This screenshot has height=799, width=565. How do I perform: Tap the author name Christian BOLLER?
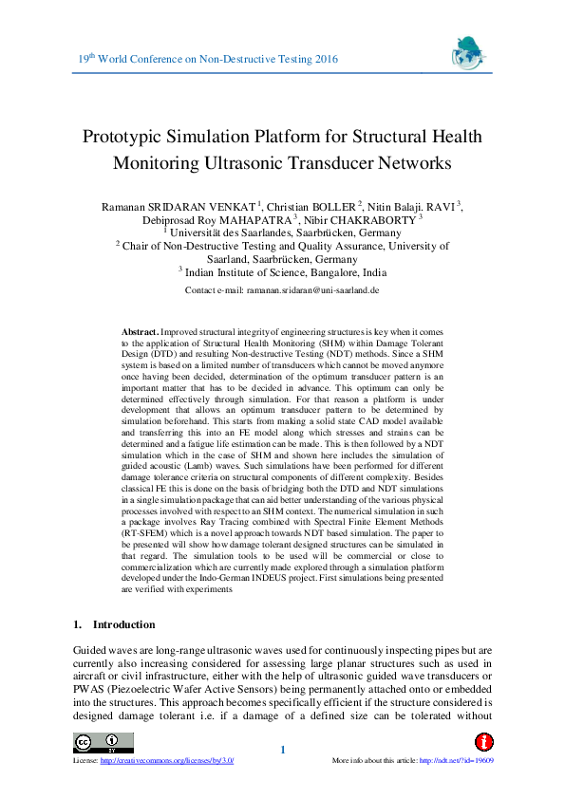[311, 206]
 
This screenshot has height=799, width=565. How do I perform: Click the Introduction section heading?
[123, 624]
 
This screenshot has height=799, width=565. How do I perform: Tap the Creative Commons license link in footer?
[167, 760]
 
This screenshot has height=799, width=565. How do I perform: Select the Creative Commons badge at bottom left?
[97, 742]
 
